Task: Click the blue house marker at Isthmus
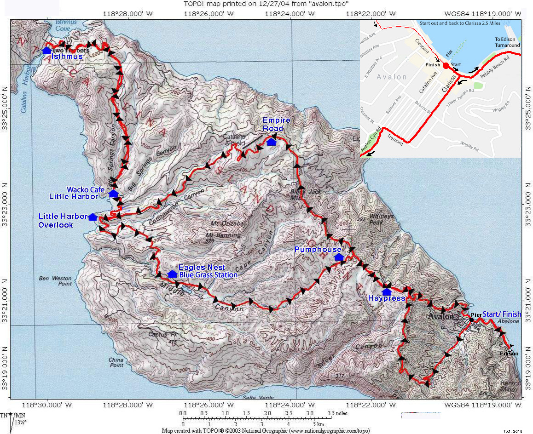46,50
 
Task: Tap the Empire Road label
276,125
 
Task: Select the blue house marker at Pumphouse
339,257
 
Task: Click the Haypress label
386,298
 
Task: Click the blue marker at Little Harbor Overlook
93,217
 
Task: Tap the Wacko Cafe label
82,189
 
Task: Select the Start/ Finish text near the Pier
502,314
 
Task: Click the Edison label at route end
509,354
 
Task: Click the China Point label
116,362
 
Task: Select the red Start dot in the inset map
446,66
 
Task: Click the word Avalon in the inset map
391,77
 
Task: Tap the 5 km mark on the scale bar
319,423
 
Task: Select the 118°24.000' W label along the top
289,14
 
